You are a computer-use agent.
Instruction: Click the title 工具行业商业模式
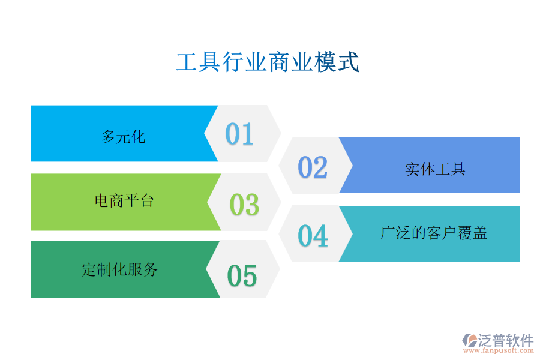click(268, 62)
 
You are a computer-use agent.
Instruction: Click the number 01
click(239, 134)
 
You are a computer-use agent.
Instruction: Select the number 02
click(313, 167)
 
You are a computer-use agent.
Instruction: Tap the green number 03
click(244, 204)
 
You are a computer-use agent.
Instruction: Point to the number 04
click(313, 236)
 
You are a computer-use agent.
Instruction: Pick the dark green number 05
click(242, 276)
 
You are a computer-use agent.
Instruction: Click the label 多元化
click(123, 137)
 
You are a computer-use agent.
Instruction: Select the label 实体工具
click(435, 169)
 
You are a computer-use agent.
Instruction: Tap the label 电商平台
click(124, 200)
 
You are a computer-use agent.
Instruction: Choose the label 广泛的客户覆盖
click(434, 233)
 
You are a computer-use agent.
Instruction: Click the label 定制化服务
click(120, 269)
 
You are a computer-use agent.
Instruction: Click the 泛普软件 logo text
click(506, 341)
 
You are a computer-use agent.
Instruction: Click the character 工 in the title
click(187, 62)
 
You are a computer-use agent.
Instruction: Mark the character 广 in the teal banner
click(388, 233)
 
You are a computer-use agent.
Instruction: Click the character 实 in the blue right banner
click(412, 169)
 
